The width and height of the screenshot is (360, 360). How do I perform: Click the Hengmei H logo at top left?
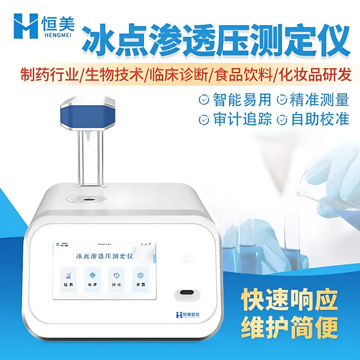tap(26, 26)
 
